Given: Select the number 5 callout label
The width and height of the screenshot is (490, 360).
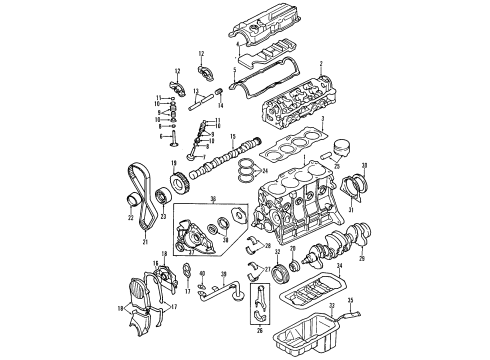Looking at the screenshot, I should [x=234, y=71].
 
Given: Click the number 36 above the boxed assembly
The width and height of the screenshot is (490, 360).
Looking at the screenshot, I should [x=211, y=200].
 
